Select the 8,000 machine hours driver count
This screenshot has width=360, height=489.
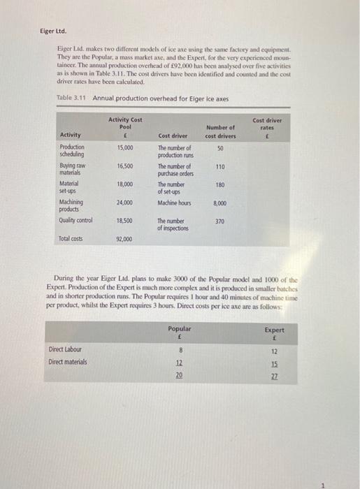pyautogui.click(x=219, y=203)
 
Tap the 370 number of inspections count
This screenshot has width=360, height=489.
pyautogui.click(x=219, y=220)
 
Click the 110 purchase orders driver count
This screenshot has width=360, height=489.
pyautogui.click(x=219, y=166)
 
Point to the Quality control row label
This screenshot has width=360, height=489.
pyautogui.click(x=77, y=220)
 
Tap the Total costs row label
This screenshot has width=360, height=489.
pyautogui.click(x=71, y=239)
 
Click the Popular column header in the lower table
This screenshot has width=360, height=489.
pyautogui.click(x=180, y=328)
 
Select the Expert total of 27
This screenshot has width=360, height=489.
pyautogui.click(x=274, y=376)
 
